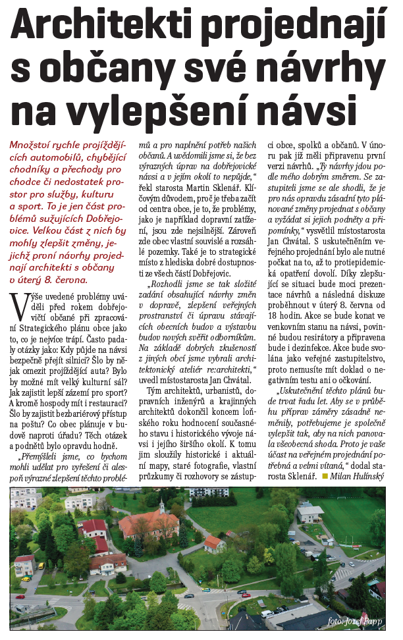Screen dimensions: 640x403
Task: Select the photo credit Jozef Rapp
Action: coord(356,622)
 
